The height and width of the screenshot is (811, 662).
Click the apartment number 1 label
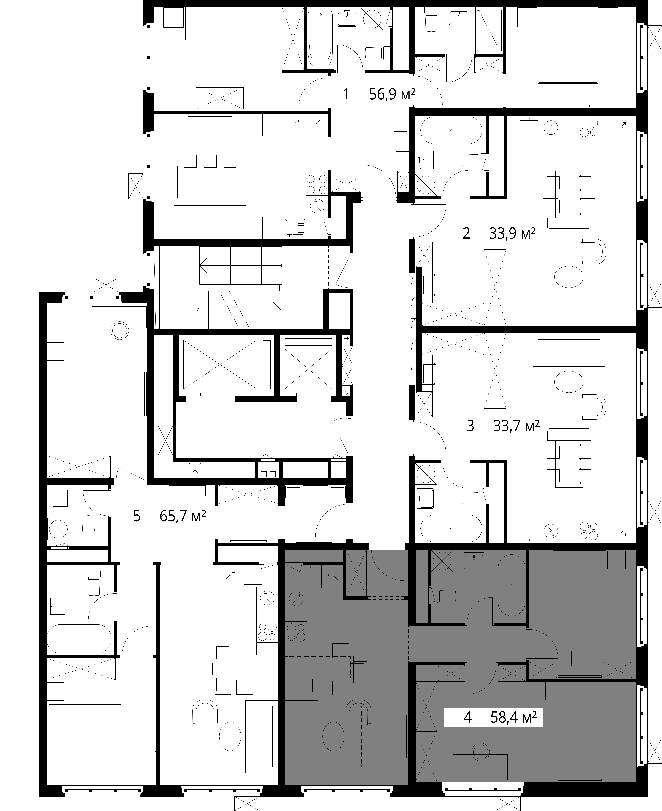(346, 94)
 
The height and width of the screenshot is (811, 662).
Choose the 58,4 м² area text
(513, 718)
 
